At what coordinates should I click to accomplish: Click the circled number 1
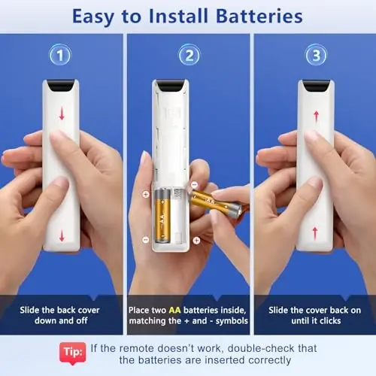pyautogui.click(x=60, y=55)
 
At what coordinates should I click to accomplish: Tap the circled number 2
pyautogui.click(x=190, y=55)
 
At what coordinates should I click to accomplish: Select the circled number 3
pyautogui.click(x=317, y=55)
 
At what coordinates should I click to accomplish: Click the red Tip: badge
pyautogui.click(x=73, y=353)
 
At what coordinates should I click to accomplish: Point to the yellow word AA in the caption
pyautogui.click(x=174, y=310)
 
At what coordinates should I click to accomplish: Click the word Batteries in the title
pyautogui.click(x=259, y=17)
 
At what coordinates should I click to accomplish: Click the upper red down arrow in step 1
pyautogui.click(x=62, y=114)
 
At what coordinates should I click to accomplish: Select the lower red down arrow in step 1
pyautogui.click(x=62, y=235)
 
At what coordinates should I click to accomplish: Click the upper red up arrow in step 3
pyautogui.click(x=317, y=117)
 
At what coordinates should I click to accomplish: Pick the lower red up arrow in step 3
pyautogui.click(x=315, y=233)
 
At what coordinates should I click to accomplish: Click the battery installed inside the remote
pyautogui.click(x=162, y=216)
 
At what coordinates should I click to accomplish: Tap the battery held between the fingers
pyautogui.click(x=216, y=203)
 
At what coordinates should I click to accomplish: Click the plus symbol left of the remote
pyautogui.click(x=146, y=194)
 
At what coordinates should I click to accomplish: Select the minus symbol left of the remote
pyautogui.click(x=146, y=239)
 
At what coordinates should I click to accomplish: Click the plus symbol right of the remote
pyautogui.click(x=196, y=241)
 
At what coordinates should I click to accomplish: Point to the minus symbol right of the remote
pyautogui.click(x=195, y=185)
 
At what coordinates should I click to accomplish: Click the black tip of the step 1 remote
pyautogui.click(x=61, y=86)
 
